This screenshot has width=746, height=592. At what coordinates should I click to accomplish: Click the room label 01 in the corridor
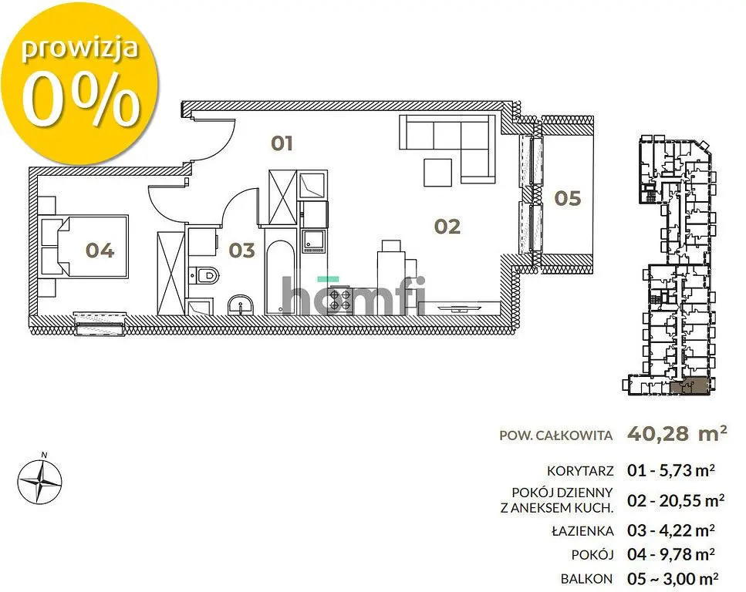click(282, 143)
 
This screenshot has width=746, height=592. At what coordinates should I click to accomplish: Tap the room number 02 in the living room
click(447, 227)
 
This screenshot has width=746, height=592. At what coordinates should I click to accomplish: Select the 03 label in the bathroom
click(241, 250)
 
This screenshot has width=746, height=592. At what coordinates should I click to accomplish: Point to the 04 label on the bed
click(100, 250)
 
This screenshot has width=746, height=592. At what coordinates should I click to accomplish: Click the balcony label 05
click(568, 198)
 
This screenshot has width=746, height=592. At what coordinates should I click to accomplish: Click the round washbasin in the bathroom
click(241, 304)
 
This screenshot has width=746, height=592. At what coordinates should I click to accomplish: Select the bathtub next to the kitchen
click(280, 277)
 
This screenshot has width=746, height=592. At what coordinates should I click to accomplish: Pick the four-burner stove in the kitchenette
click(339, 300)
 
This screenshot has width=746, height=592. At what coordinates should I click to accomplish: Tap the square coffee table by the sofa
click(437, 173)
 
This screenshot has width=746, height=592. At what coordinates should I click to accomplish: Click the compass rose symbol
click(39, 481)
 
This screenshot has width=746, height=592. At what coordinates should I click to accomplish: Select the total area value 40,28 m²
click(677, 433)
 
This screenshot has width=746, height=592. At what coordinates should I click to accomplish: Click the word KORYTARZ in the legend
click(580, 471)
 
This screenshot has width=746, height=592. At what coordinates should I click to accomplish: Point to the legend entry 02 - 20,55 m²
click(676, 500)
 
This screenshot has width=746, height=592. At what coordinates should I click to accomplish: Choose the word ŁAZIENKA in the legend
click(582, 530)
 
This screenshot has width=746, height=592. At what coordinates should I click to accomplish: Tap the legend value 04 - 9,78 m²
click(671, 554)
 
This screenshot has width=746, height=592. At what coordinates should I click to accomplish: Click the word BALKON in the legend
click(586, 579)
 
